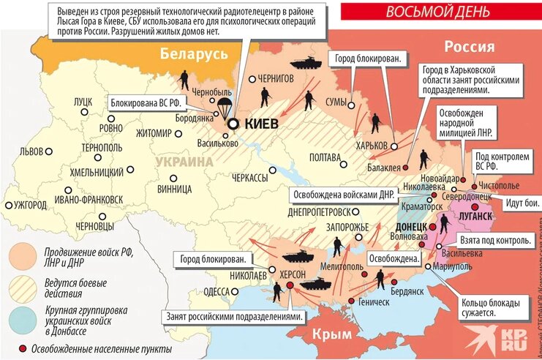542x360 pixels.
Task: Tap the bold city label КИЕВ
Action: (260, 124)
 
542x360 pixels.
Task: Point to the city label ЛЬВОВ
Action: (31, 151)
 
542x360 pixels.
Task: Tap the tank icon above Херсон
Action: (298, 256)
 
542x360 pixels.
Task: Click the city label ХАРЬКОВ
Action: (371, 146)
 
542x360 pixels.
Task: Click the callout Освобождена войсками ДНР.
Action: (344, 195)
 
